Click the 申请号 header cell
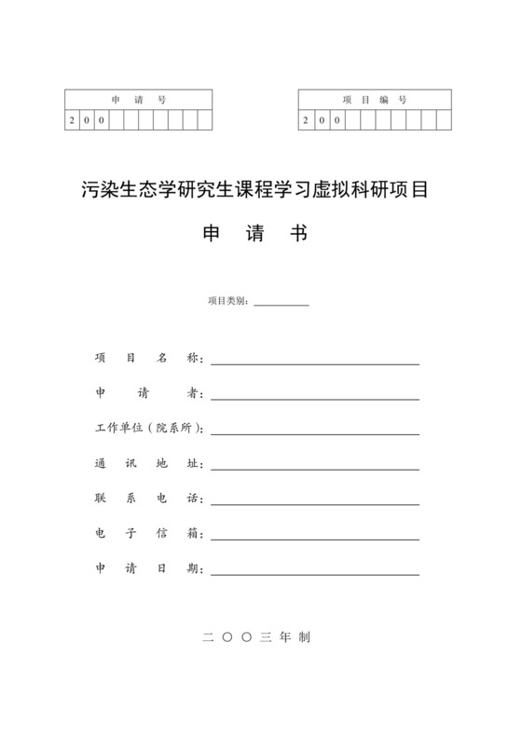pyautogui.click(x=138, y=99)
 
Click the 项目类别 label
pyautogui.click(x=227, y=300)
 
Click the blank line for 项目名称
pyautogui.click(x=315, y=362)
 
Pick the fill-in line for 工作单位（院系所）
pyautogui.click(x=315, y=430)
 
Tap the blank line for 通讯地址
pyautogui.click(x=315, y=465)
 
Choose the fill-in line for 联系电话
pyautogui.click(x=315, y=499)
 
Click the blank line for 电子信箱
pyautogui.click(x=315, y=534)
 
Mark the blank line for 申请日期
pyautogui.click(x=315, y=568)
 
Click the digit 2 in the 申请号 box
pyautogui.click(x=73, y=120)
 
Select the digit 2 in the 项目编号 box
pyautogui.click(x=307, y=120)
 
